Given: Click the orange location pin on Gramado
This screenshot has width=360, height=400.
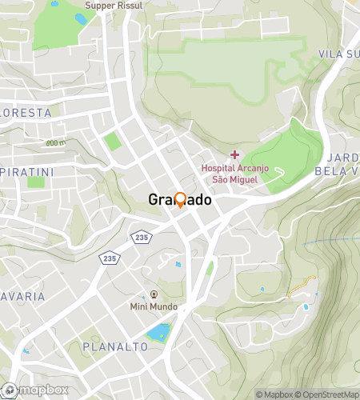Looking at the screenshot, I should (180, 200).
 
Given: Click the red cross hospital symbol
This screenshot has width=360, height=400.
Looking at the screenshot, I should (234, 154).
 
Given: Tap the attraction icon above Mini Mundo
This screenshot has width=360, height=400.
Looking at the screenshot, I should (154, 294).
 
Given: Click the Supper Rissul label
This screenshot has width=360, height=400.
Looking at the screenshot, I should (114, 5).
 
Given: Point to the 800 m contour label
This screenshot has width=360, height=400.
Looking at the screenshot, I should (55, 142).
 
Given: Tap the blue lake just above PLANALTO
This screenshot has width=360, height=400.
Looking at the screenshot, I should (158, 331).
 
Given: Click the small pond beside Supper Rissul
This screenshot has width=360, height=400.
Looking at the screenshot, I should (81, 18).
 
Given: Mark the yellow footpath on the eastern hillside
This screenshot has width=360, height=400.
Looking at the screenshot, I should (302, 286).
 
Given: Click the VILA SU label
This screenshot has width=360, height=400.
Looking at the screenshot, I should (338, 54).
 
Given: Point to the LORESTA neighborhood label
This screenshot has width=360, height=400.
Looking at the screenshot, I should (26, 114).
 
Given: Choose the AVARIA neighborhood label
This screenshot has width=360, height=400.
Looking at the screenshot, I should (22, 296).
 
